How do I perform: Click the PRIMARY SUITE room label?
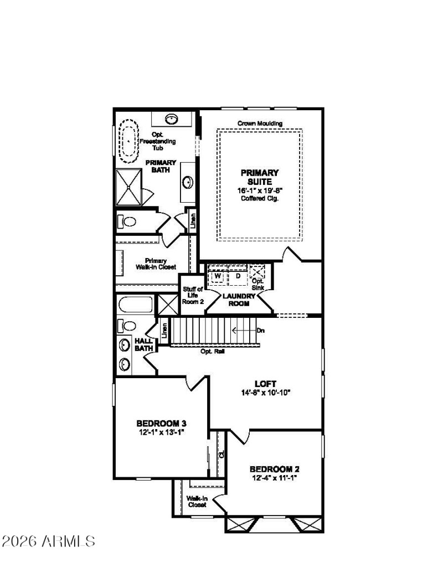click(x=259, y=177)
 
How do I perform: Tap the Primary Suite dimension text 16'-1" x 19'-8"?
click(x=259, y=190)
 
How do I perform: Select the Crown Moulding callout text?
click(x=260, y=123)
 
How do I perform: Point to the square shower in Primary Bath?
click(x=129, y=187)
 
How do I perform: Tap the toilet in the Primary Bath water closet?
click(x=128, y=222)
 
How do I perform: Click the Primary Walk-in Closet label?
click(x=156, y=264)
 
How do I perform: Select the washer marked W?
click(x=218, y=275)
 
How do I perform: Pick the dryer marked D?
click(x=238, y=275)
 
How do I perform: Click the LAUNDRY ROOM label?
click(x=239, y=300)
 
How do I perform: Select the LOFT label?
click(x=265, y=384)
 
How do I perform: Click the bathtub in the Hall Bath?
click(x=135, y=305)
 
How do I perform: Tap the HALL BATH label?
click(x=144, y=344)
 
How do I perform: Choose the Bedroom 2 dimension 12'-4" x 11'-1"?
click(x=275, y=477)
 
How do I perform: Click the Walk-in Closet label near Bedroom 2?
click(x=197, y=501)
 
